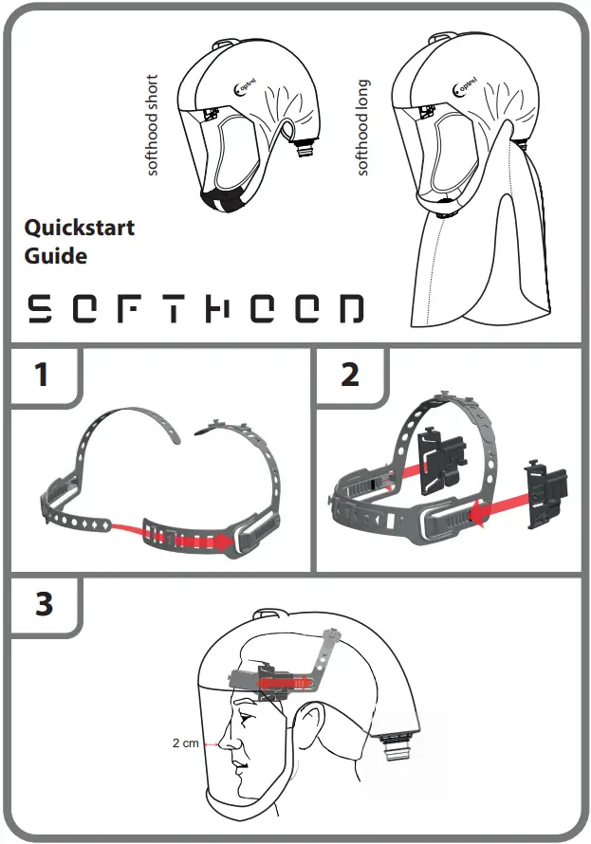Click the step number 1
pos(41,375)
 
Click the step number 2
pos(349,375)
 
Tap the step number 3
pos(44,603)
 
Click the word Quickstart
pos(80,228)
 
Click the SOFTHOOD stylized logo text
pos(194,308)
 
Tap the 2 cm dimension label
pos(186,743)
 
